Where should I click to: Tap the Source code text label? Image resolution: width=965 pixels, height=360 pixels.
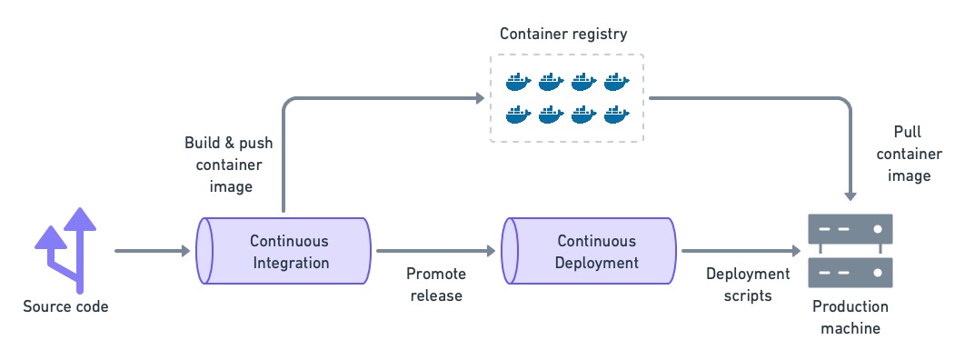click(65, 306)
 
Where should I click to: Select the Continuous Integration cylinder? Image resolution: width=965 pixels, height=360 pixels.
click(284, 251)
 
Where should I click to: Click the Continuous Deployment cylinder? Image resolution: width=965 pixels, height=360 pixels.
click(591, 251)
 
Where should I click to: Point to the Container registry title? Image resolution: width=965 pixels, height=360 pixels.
click(563, 35)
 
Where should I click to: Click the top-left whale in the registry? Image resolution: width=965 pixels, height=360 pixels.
click(518, 83)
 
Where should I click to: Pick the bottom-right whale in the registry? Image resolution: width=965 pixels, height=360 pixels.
click(616, 115)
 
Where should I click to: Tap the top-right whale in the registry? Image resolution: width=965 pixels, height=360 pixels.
click(616, 83)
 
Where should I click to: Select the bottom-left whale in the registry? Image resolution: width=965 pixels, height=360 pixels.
click(518, 115)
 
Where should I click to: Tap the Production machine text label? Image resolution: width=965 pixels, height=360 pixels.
click(850, 316)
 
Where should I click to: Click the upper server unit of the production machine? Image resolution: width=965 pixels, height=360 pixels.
click(850, 230)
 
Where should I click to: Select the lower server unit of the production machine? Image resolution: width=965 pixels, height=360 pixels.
click(850, 272)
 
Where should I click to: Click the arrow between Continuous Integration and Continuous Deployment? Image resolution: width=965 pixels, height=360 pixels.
click(437, 250)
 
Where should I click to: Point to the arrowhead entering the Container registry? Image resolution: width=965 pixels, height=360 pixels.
click(477, 97)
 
